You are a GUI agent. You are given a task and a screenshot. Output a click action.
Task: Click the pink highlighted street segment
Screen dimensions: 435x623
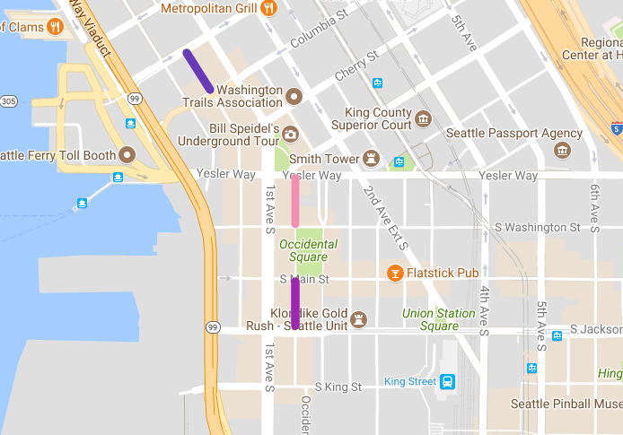click(295, 200)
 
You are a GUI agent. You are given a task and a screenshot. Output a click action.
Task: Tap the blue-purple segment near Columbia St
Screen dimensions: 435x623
click(197, 71)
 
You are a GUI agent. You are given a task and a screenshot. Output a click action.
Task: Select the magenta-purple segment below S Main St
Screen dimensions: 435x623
click(295, 304)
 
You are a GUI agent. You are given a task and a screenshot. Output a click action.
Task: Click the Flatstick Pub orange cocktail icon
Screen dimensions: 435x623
click(393, 272)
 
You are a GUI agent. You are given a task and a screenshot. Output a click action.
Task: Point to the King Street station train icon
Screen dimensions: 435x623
click(447, 381)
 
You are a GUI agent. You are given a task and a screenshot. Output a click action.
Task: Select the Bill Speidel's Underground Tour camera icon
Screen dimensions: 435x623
click(290, 135)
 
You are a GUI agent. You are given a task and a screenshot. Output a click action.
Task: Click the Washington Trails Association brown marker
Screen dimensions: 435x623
click(294, 95)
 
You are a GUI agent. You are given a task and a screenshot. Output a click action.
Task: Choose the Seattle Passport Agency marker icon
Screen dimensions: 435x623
click(563, 150)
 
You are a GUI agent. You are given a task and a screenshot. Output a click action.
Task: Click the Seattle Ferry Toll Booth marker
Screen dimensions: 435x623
click(127, 155)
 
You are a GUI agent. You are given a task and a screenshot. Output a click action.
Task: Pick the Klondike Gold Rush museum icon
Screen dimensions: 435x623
click(361, 319)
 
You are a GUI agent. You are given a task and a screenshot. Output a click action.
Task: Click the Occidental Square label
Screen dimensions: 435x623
click(308, 250)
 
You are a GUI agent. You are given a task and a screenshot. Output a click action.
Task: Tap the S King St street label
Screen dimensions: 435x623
click(338, 387)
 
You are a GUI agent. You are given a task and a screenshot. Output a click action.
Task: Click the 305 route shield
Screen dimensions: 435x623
click(8, 100)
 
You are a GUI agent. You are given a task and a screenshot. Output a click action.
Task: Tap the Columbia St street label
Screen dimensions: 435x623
click(319, 30)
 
